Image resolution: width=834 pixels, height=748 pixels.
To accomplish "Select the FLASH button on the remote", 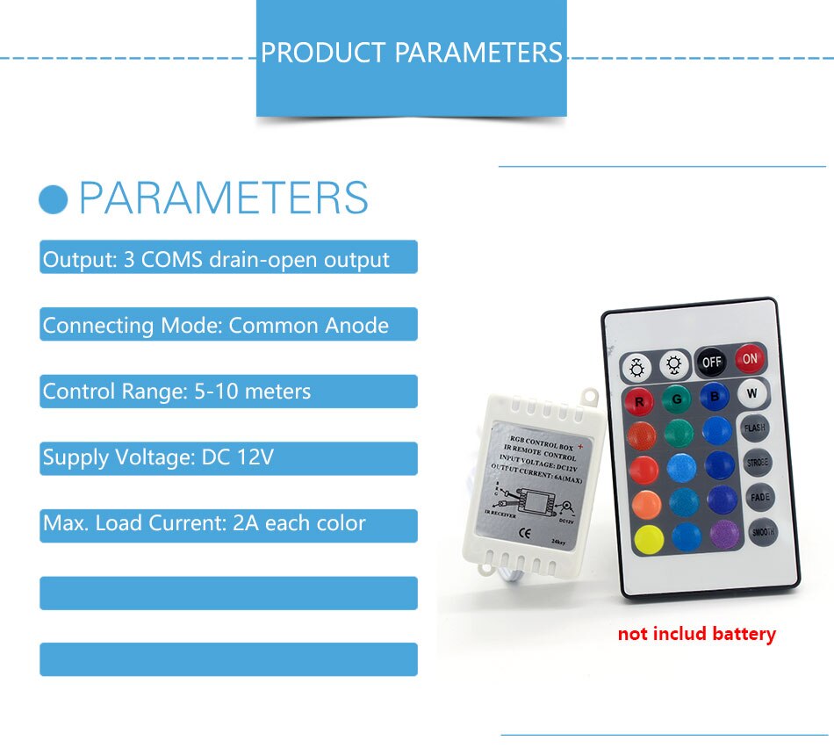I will pos(755,428).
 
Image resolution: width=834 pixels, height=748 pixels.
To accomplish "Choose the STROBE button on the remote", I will pos(758,463).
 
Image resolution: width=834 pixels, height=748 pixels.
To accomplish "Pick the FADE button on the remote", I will pos(760,498).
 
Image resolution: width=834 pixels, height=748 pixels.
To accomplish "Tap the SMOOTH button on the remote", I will pos(763,531).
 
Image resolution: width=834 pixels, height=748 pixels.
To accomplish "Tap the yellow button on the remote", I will pos(649,539).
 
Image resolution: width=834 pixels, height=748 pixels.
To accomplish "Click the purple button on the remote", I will pos(725,534).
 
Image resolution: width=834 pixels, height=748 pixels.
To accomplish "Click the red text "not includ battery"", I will pos(696,633).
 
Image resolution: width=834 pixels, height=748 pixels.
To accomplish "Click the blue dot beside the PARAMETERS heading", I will pos(54,199).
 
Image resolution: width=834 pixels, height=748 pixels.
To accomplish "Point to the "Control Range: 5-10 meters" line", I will pos(176,392).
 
